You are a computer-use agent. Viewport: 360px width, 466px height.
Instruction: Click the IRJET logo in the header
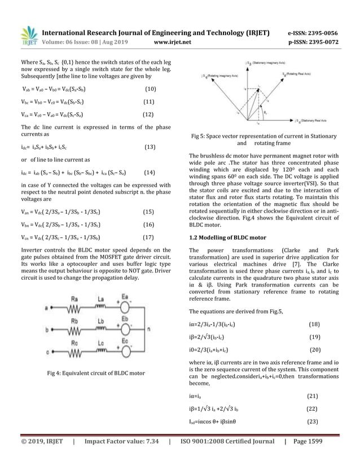pos(29,35)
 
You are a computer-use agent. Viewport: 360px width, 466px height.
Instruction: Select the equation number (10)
pos(150,89)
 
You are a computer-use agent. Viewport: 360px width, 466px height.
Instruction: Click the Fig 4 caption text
pos(96,373)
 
